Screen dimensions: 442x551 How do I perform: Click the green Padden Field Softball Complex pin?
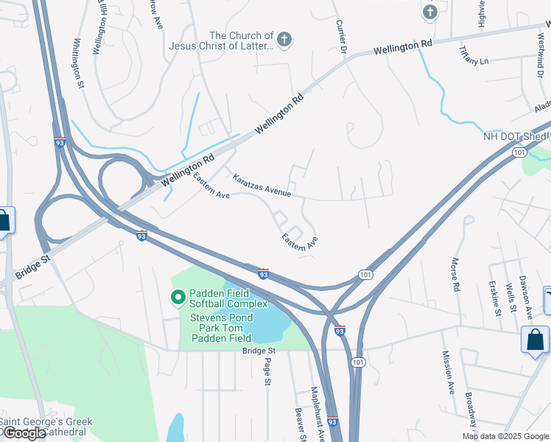click(178, 298)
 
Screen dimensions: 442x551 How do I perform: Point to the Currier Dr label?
click(341, 37)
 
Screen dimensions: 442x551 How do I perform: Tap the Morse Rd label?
click(455, 273)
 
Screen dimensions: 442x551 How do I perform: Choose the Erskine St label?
click(494, 298)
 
